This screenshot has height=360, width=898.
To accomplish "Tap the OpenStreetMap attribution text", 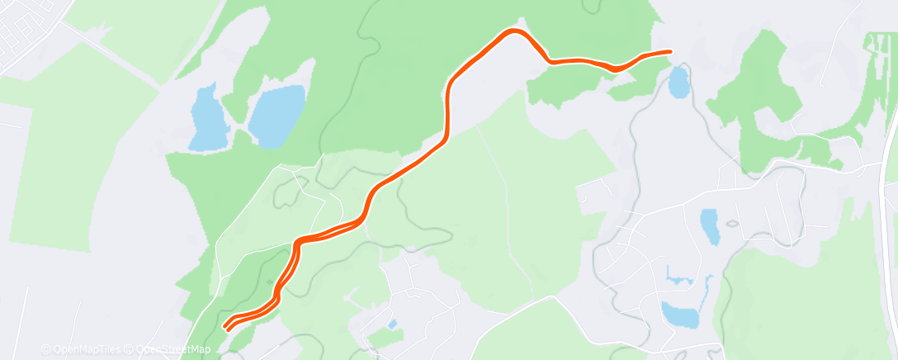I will (175, 349).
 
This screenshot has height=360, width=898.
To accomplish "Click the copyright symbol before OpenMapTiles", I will (45, 349).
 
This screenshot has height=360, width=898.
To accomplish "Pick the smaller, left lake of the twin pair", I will (207, 118).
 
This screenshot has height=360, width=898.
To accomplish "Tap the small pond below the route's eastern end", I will (678, 82).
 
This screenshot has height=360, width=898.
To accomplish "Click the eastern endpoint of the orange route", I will (669, 52).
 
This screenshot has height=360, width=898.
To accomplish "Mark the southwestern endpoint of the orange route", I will (226, 328).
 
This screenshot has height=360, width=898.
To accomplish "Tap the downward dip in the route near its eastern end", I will (616, 68).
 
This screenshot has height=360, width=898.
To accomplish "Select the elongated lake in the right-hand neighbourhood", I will (709, 226).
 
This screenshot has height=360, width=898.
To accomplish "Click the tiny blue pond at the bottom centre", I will (392, 323).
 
